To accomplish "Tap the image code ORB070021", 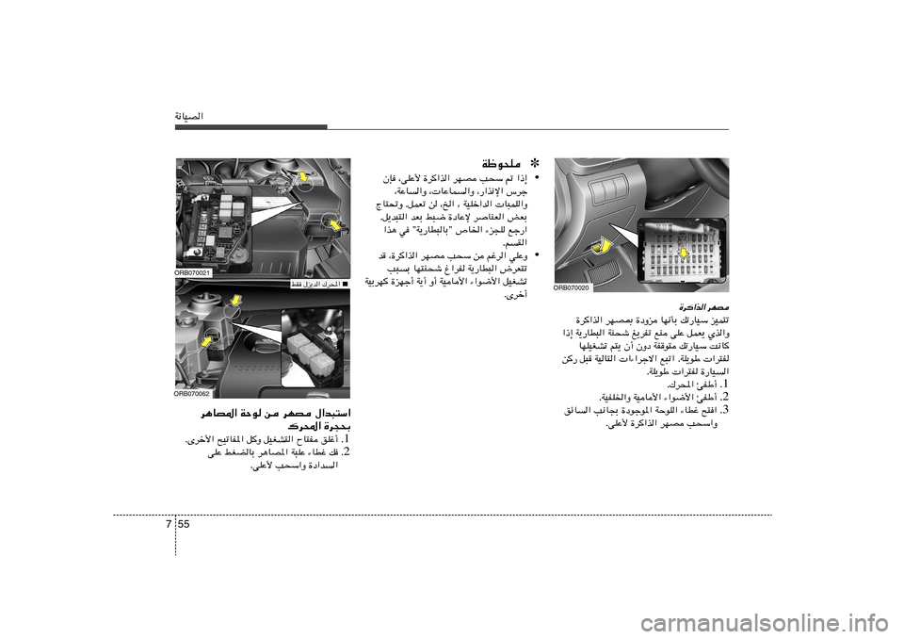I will pyautogui.click(x=193, y=272).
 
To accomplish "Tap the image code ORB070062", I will pyautogui.click(x=193, y=393).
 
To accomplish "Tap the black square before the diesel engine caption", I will pyautogui.click(x=346, y=283).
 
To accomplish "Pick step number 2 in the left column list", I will pyautogui.click(x=346, y=452).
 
